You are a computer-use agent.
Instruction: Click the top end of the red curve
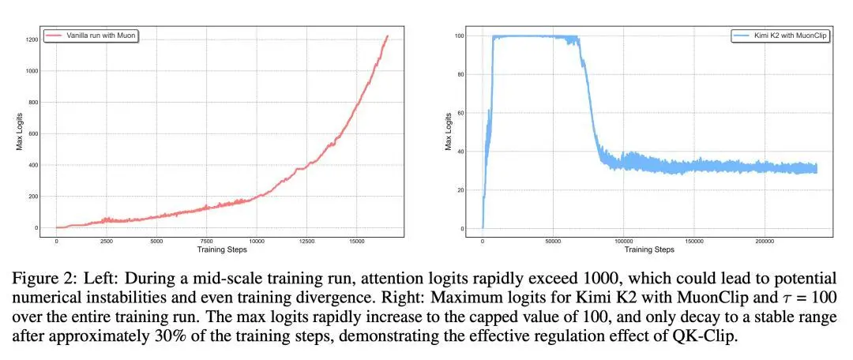(x=387, y=36)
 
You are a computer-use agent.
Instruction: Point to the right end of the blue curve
(x=816, y=167)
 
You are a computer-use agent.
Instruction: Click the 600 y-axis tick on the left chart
(x=32, y=133)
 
